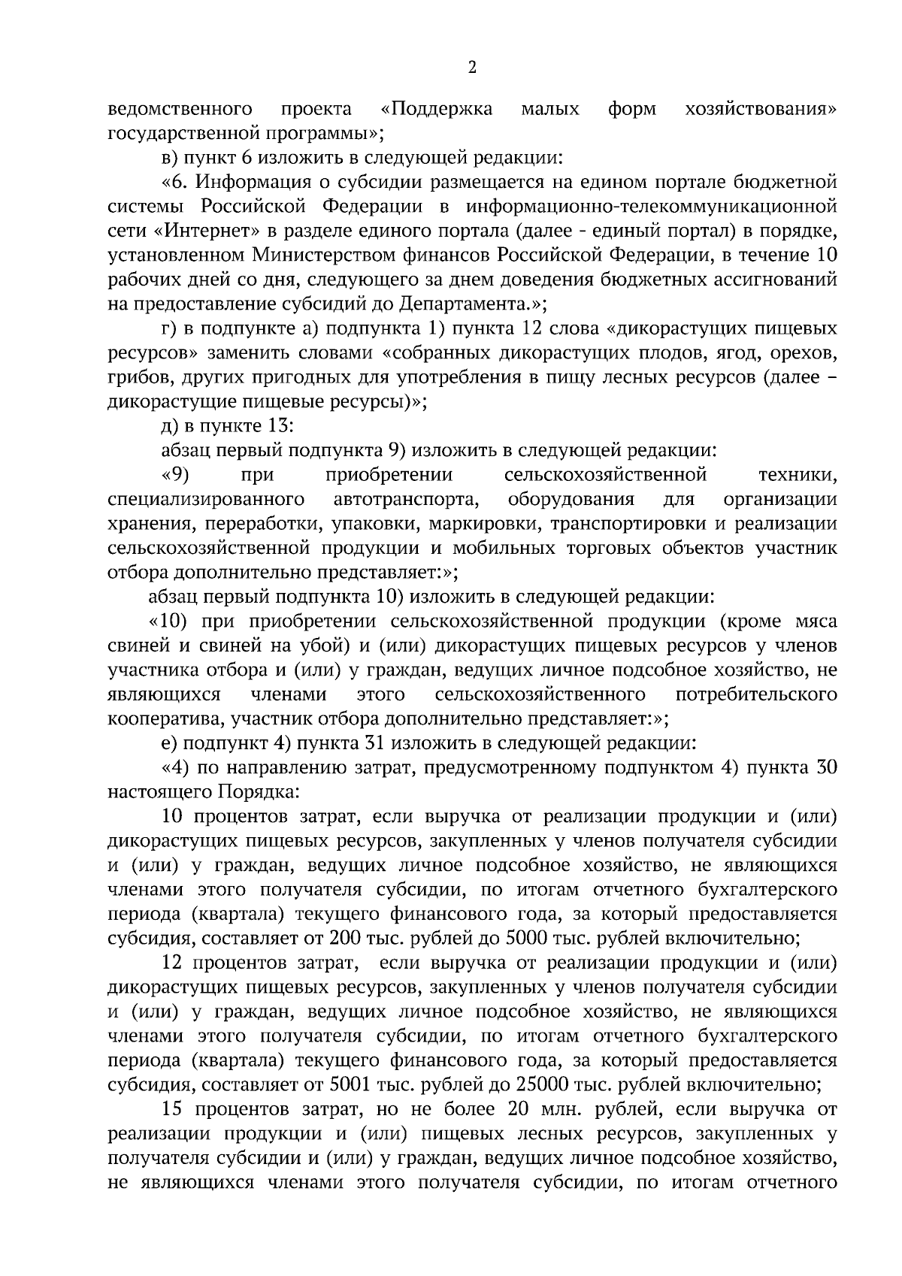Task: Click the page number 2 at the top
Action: pyautogui.click(x=472, y=68)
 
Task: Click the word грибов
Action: pyautogui.click(x=130, y=377)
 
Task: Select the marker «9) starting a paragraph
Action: pyautogui.click(x=175, y=475)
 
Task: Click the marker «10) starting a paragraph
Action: pyautogui.click(x=168, y=621)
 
